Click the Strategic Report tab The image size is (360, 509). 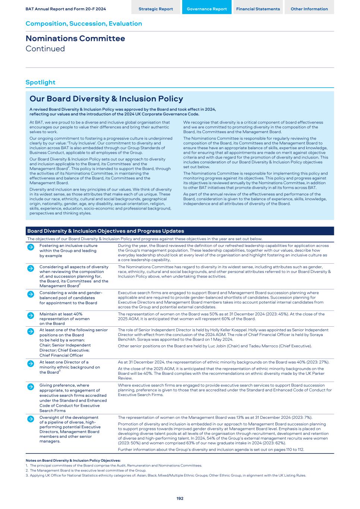(x=156, y=9)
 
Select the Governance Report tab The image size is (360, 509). (x=207, y=9)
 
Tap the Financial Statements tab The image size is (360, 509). (x=258, y=9)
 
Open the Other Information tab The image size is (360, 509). (x=309, y=9)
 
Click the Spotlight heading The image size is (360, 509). (x=40, y=82)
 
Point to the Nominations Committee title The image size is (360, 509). (x=75, y=38)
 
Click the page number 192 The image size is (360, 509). (x=180, y=498)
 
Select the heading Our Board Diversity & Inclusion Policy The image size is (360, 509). (x=106, y=99)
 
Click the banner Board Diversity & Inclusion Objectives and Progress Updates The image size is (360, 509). (x=105, y=231)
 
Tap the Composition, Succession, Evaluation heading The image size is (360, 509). (x=84, y=23)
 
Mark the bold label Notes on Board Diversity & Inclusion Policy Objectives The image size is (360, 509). (x=73, y=461)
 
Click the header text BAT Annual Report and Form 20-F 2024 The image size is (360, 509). (x=66, y=9)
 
